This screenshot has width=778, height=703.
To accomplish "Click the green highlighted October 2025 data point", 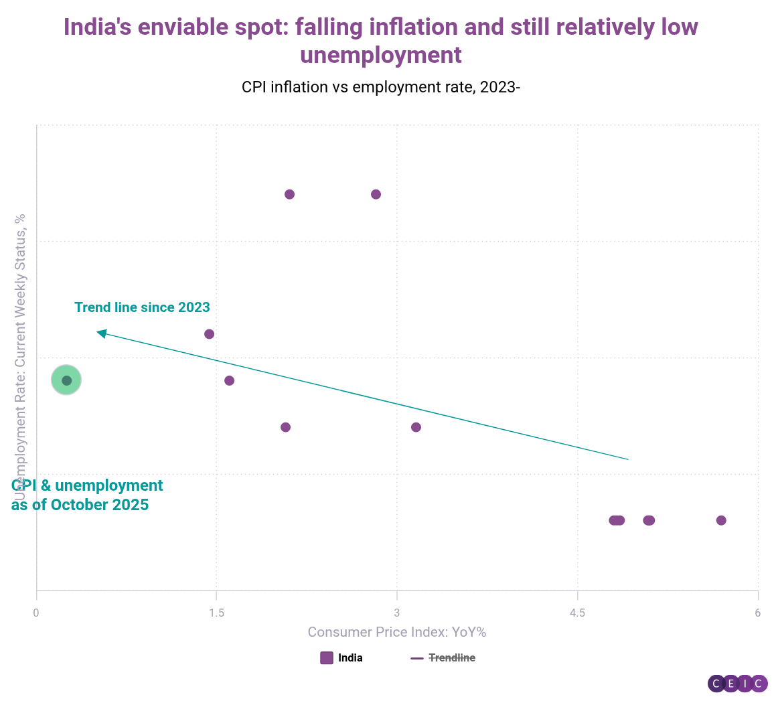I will pos(66,380).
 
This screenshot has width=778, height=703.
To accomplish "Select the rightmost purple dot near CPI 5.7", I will pos(721,520).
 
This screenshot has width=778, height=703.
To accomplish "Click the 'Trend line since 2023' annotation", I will pos(142,307).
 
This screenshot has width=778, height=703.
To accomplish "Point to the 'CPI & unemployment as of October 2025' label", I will pos(87,495).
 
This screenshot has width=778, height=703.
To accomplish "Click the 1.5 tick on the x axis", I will pos(216,613).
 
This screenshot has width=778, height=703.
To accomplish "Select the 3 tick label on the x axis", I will pos(397,613).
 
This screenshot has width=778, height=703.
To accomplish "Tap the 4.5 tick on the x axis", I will pos(577,613).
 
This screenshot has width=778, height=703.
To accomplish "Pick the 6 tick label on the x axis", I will pos(758,613).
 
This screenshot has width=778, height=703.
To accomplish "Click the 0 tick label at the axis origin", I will pos(36,613).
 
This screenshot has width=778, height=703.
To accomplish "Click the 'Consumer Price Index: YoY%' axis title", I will pos(397,632).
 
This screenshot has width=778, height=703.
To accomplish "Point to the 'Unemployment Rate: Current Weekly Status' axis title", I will pos(20,355).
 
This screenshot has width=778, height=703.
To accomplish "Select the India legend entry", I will pos(342,657).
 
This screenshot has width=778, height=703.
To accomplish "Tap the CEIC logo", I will pos(737,684).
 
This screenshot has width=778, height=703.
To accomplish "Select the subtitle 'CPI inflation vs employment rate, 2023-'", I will pos(381,87).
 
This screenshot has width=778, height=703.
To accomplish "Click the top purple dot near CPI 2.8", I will pos(376,194).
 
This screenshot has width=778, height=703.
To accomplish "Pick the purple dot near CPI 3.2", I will pos(416,427).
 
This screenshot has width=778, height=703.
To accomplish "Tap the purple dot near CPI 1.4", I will pos(209,334).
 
